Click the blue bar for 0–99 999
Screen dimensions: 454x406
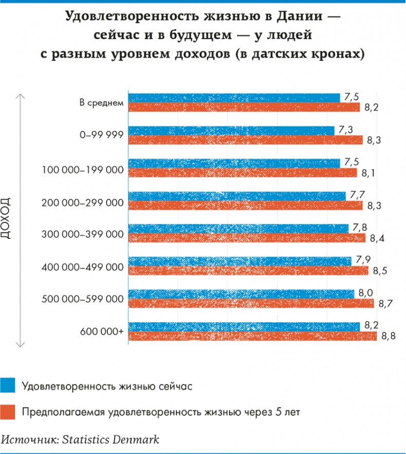pos(231,131)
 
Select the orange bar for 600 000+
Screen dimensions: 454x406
pos(252,336)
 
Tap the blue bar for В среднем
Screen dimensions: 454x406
pos(234,98)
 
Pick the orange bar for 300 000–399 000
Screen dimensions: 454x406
pos(247,238)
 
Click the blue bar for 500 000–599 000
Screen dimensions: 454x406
pos(241,293)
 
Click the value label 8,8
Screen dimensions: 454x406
pos(387,336)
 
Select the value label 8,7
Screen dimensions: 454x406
pos(385,304)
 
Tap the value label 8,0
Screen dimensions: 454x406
pos(365,293)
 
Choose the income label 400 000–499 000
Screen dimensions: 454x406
pos(82,267)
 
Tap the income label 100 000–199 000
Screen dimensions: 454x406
pos(82,169)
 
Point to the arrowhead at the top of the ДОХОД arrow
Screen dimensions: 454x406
pos(20,96)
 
